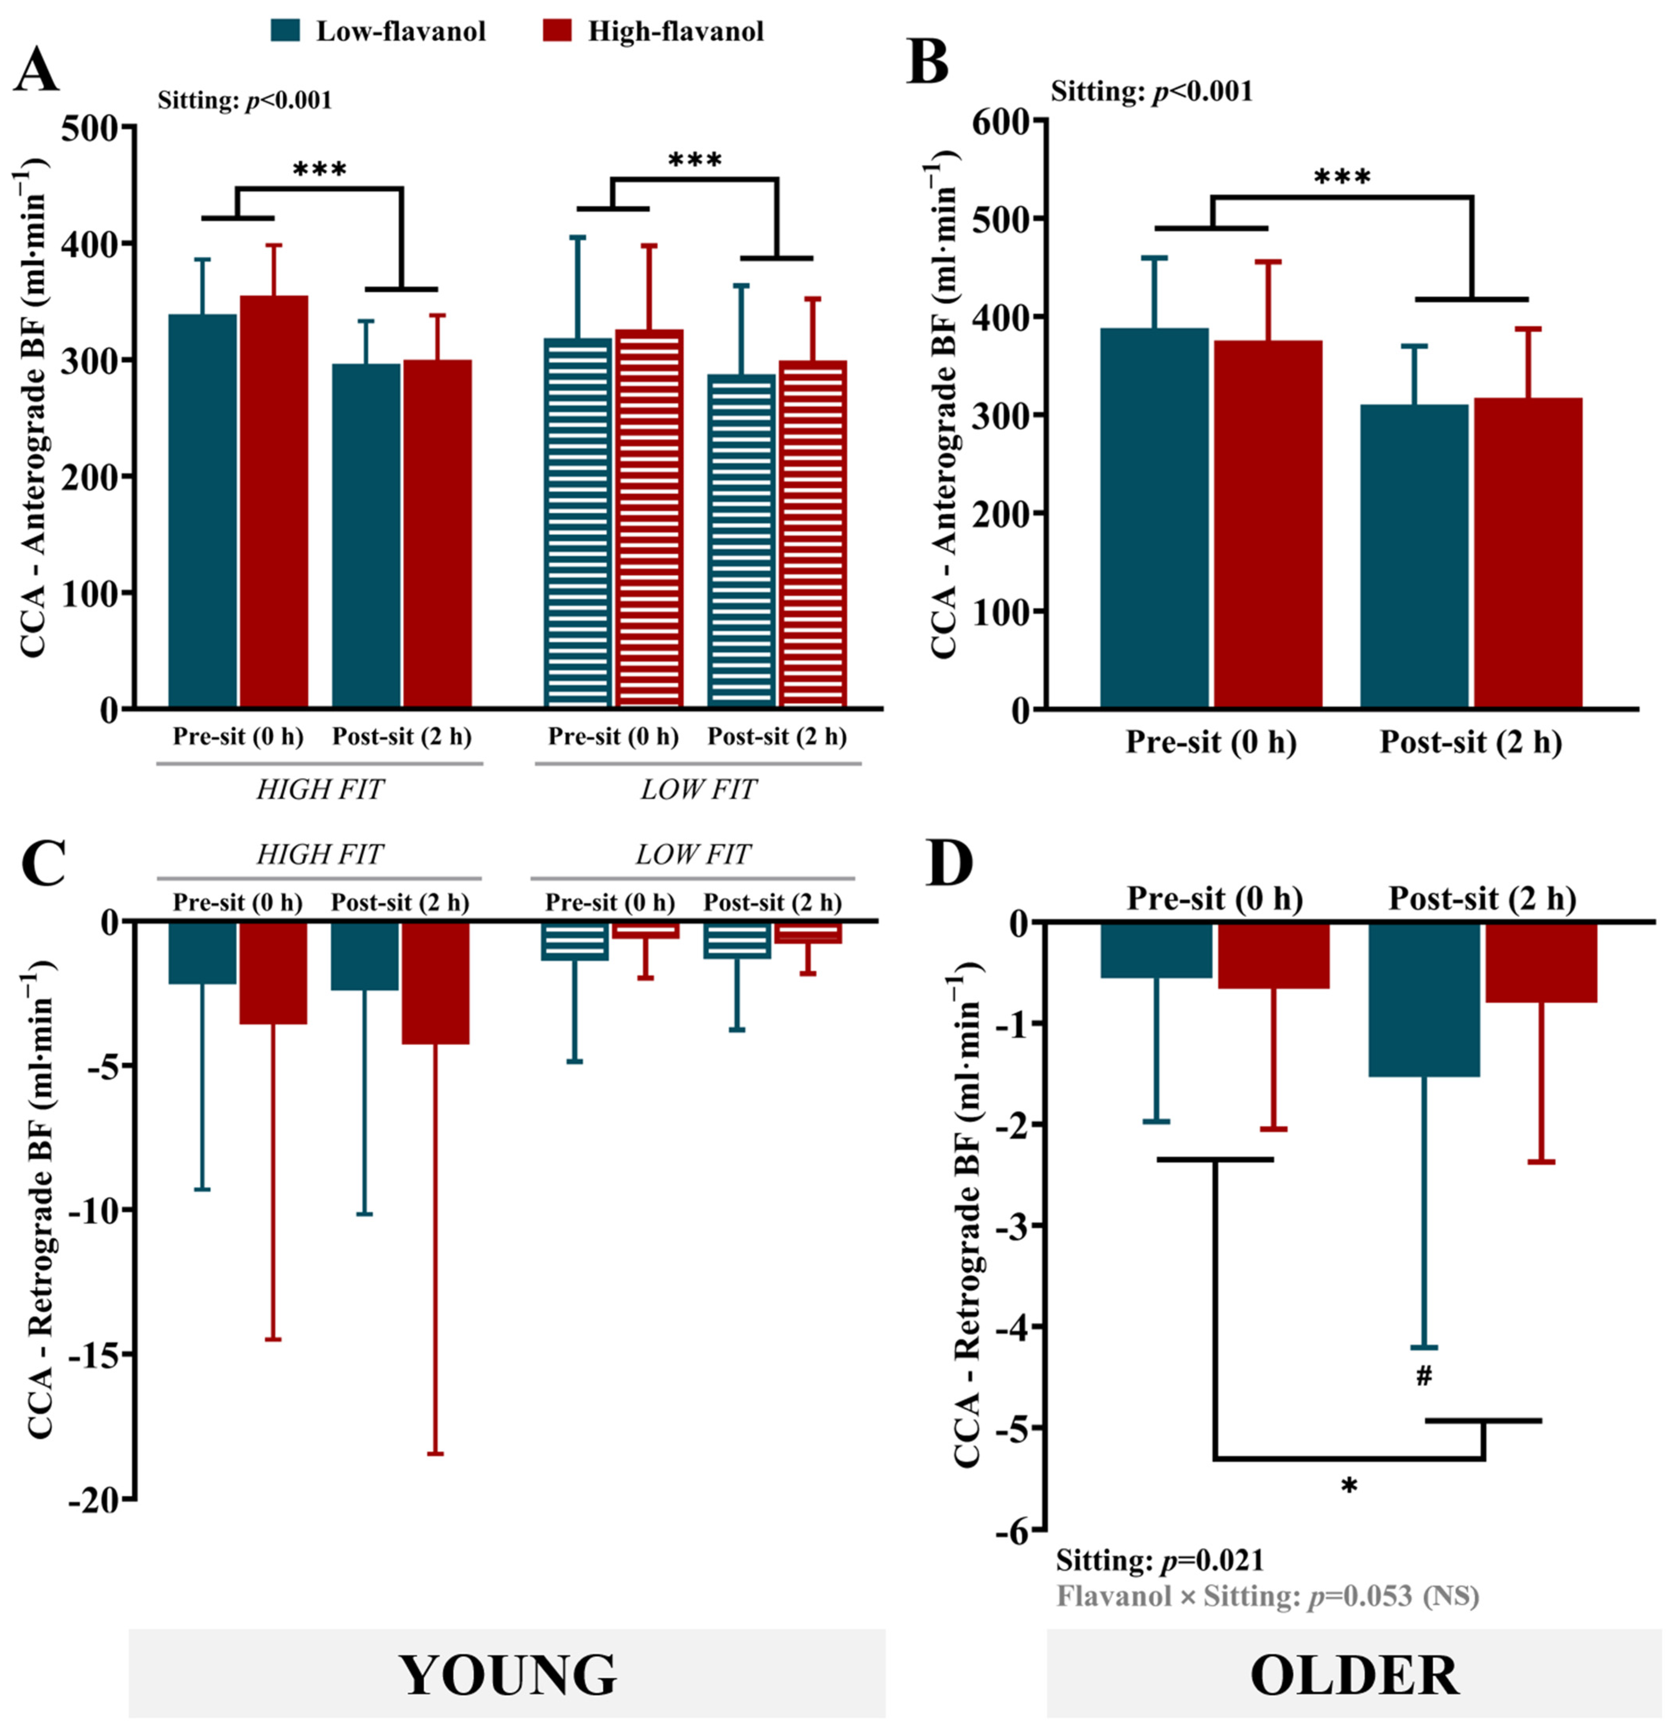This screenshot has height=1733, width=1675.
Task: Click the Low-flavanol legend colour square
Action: (286, 31)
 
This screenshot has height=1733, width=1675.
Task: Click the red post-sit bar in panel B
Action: (1527, 553)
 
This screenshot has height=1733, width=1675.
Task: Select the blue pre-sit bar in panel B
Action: (1154, 517)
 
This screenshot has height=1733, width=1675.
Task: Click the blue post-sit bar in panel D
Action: (1424, 999)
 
